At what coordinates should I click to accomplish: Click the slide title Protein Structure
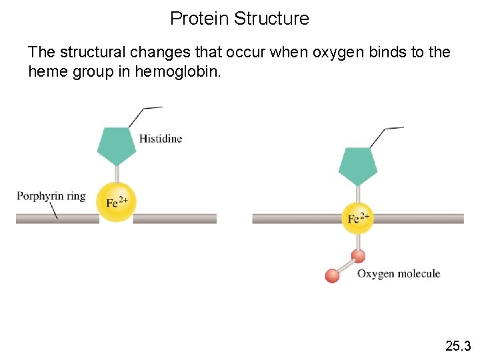239,18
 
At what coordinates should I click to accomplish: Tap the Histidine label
160,139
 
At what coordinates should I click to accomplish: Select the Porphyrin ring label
51,196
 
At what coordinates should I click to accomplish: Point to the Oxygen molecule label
399,274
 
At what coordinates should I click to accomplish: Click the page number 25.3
458,345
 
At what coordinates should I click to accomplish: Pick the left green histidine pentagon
117,146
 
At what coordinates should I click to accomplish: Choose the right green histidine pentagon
358,165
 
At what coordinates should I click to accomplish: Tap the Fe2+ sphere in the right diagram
358,219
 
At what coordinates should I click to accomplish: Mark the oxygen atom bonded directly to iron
358,255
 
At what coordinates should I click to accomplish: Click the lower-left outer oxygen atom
332,275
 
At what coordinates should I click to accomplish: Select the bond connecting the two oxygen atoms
345,265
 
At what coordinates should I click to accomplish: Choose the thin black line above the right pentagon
384,133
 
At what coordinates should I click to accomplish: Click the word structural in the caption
92,52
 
